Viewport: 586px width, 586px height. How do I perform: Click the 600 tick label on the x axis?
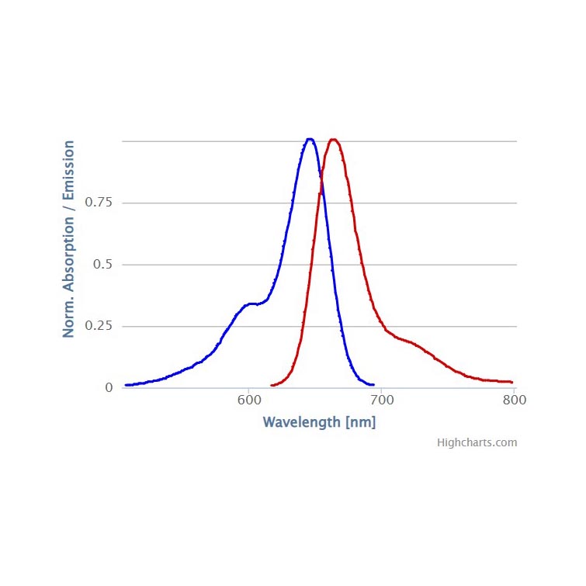[x=248, y=400]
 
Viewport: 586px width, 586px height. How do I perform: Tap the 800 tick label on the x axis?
[x=514, y=400]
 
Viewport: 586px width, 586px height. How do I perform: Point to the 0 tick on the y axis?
[x=109, y=387]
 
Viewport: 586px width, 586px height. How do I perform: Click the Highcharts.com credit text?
[x=477, y=443]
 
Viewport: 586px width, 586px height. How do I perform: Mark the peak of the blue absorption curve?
[x=310, y=140]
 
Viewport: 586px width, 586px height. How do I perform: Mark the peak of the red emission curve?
[x=334, y=140]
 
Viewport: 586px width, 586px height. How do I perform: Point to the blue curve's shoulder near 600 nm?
[x=250, y=303]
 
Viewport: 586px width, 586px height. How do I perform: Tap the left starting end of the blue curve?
[x=126, y=385]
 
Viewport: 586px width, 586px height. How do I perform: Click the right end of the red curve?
[x=512, y=382]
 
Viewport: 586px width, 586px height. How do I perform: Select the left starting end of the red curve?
[x=271, y=385]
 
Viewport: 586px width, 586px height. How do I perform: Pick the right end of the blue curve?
[x=374, y=384]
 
